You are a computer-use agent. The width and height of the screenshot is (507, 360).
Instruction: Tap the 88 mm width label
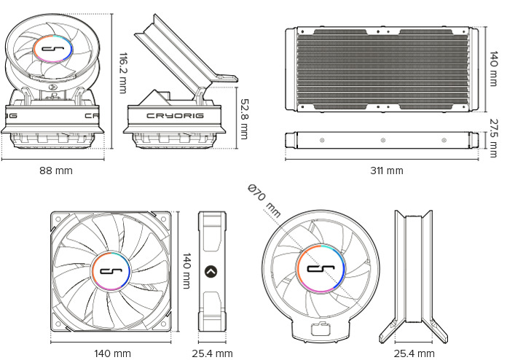click(55, 171)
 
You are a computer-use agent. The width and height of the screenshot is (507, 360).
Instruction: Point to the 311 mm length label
click(386, 171)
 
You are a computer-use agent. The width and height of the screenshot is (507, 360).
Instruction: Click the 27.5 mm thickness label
click(493, 138)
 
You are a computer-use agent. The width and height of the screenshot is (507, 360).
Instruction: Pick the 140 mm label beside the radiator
click(493, 64)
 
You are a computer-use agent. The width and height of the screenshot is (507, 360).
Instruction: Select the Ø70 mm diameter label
click(264, 200)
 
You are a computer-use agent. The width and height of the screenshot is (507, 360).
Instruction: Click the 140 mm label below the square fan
click(112, 353)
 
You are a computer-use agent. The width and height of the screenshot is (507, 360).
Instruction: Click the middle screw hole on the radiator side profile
click(382, 138)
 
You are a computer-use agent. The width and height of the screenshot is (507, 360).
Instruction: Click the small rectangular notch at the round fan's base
click(318, 329)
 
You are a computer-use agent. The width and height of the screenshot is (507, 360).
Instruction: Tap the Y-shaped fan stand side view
click(413, 273)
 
